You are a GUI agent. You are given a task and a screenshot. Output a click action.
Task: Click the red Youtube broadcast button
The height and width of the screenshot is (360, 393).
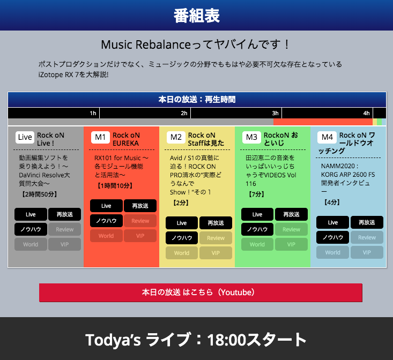(201, 292)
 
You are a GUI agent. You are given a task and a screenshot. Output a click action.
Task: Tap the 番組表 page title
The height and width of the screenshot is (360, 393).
(197, 16)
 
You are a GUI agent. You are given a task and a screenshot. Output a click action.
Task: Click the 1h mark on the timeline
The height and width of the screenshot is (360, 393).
(93, 113)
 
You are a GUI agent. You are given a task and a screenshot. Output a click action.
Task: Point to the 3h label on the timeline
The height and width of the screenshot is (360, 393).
(275, 113)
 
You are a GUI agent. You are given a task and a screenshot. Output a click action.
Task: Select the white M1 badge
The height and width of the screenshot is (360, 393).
(100, 137)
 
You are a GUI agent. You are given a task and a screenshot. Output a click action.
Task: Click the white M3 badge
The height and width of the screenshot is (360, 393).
(251, 137)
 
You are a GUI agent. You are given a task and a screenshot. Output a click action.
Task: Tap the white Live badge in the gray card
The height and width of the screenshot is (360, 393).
(25, 137)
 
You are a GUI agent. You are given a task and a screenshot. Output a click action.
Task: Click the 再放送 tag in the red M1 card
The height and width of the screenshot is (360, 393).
(140, 206)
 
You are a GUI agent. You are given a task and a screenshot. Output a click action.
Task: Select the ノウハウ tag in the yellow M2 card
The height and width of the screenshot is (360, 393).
(182, 238)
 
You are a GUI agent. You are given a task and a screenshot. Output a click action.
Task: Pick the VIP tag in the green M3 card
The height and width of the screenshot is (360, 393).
(291, 244)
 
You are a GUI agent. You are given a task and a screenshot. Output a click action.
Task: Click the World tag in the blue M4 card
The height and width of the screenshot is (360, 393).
(332, 252)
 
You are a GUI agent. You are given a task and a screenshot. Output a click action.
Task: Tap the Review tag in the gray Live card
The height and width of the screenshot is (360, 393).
(64, 229)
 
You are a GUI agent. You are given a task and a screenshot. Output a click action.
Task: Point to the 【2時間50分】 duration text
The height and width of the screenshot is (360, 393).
(39, 194)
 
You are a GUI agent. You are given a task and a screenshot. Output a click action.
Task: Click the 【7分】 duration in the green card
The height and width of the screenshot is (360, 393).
(256, 194)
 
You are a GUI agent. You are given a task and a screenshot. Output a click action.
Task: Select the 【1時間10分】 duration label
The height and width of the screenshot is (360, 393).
(115, 186)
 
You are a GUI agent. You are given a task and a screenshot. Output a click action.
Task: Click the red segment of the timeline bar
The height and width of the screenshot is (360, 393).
(323, 122)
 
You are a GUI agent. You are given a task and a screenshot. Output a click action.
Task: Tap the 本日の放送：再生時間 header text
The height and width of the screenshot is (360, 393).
(197, 100)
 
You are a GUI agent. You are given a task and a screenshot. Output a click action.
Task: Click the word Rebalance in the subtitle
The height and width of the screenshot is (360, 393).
(163, 45)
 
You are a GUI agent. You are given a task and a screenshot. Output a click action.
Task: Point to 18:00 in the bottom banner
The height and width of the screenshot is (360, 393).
(226, 340)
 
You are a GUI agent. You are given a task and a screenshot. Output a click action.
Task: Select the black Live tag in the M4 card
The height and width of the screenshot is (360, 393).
(332, 222)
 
